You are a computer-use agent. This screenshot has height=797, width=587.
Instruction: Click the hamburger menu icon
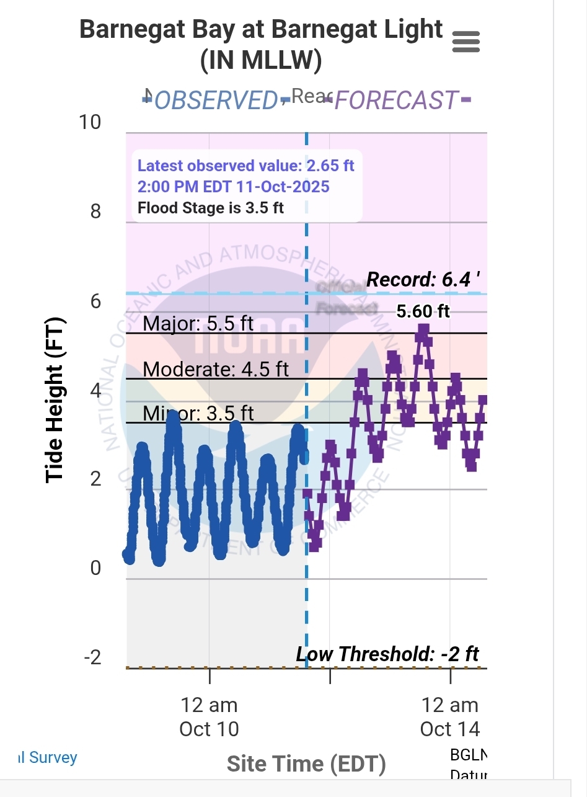(x=466, y=42)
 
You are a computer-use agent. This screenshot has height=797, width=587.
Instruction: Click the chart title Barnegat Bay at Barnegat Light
(x=261, y=30)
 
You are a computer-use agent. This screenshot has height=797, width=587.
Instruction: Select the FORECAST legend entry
(x=397, y=100)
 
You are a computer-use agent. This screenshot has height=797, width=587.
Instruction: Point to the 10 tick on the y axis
(x=90, y=122)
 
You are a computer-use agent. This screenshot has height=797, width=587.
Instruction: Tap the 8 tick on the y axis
(x=95, y=211)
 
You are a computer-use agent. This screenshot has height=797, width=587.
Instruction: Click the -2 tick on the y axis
(x=92, y=657)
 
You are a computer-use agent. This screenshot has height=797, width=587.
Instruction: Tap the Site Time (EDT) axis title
(x=306, y=764)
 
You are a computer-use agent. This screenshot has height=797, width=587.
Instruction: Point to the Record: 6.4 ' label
(x=423, y=280)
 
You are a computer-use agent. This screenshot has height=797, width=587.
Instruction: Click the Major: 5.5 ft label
(x=198, y=323)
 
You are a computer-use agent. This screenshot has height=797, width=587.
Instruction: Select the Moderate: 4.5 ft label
(x=216, y=369)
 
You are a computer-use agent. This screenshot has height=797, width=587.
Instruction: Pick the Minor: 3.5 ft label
(x=198, y=413)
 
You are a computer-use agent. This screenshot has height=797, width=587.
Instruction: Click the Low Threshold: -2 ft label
(x=387, y=654)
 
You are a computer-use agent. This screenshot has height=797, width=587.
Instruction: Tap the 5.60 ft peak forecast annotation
(x=423, y=311)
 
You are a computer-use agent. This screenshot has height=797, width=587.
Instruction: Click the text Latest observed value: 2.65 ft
(x=246, y=166)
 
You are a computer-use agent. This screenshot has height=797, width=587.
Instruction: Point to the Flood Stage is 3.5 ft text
(x=211, y=208)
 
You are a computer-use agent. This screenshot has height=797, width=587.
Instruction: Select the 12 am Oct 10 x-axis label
(x=210, y=716)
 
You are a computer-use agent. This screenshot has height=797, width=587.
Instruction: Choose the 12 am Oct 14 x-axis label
(x=450, y=716)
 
